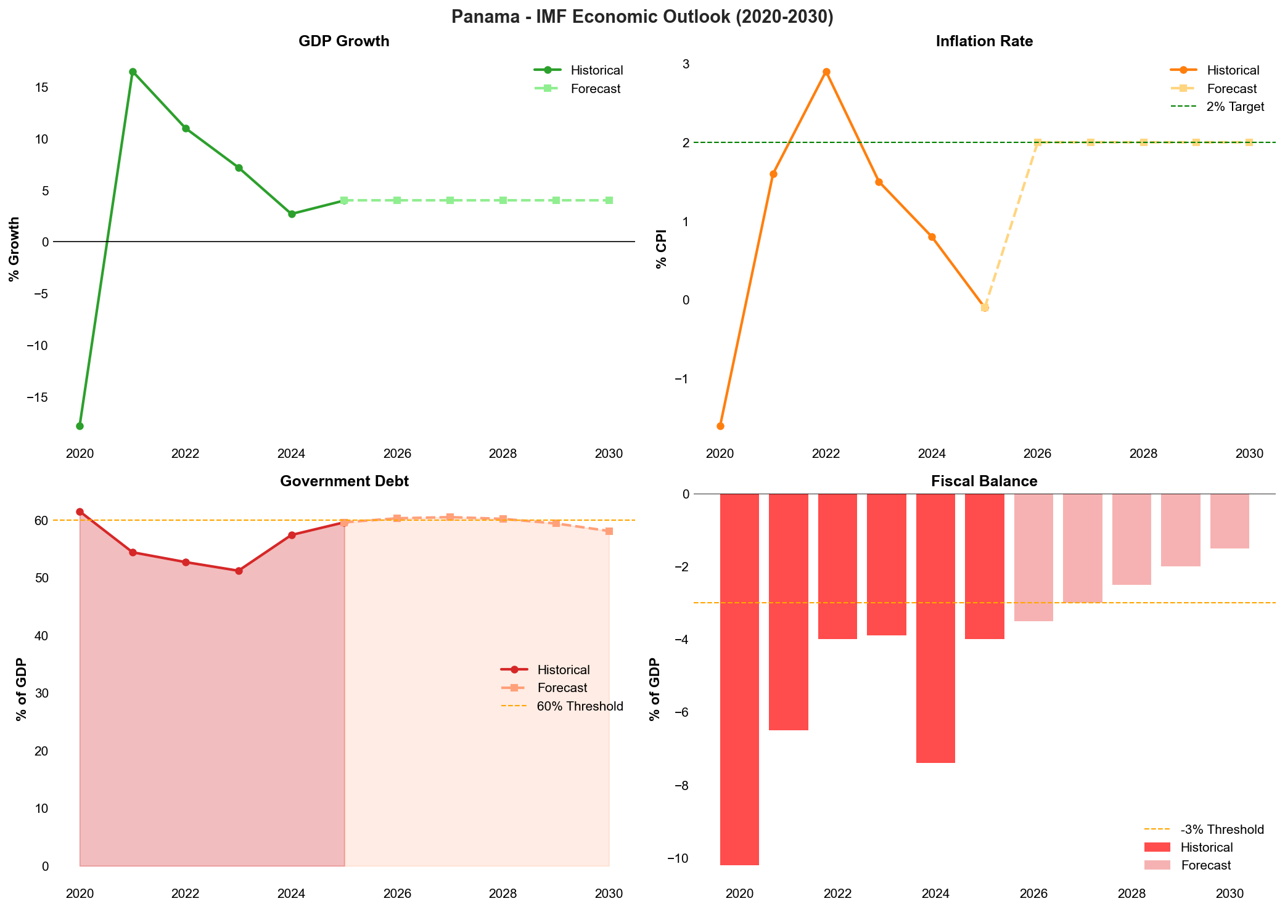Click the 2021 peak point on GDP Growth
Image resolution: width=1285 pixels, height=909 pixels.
133,72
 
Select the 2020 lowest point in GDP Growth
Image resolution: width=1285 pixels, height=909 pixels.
80,426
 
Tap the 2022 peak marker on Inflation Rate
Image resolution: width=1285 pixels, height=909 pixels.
826,72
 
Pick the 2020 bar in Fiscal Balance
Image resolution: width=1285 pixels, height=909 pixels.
739,678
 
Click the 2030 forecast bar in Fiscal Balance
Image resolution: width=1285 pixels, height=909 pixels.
1230,521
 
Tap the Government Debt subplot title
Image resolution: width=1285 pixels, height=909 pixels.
344,481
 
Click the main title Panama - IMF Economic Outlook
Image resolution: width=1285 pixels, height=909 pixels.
642,17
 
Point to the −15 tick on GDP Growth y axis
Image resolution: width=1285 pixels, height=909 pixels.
37,397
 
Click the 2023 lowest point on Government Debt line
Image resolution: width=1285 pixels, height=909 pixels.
239,571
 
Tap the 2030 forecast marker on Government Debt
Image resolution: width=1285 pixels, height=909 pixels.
609,531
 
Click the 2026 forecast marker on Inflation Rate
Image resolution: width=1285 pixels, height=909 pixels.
1038,142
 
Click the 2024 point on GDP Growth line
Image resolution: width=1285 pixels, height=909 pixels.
292,214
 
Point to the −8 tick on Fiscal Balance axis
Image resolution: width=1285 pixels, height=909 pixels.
680,786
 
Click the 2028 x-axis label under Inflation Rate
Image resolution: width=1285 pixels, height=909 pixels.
1143,454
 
